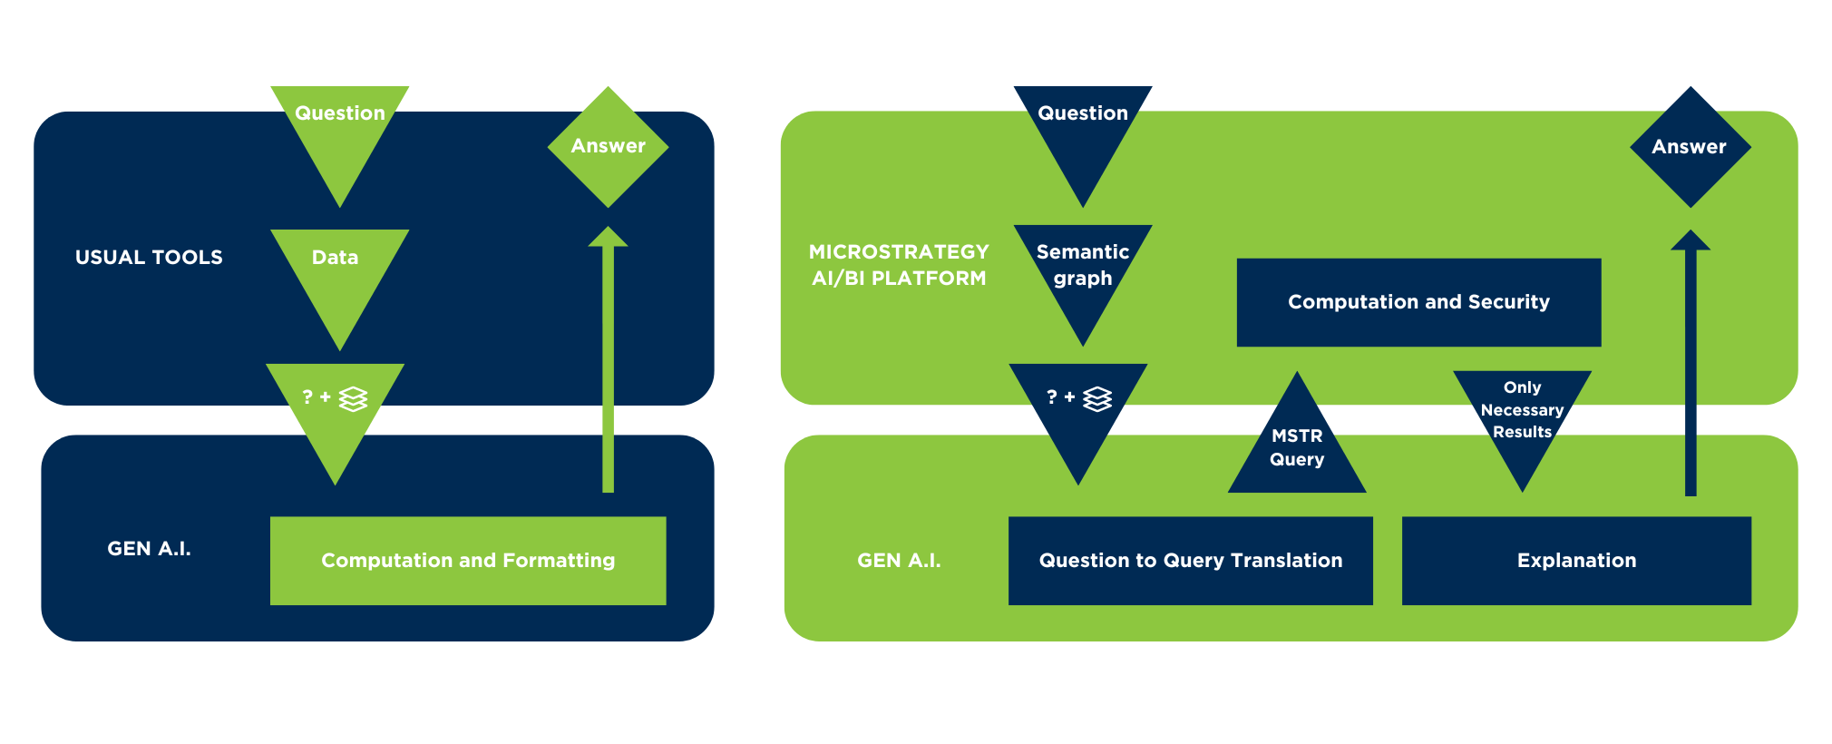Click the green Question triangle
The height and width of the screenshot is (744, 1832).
(x=340, y=127)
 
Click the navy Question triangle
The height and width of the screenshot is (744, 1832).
(x=1083, y=127)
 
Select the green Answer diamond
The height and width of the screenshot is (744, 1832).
(x=608, y=146)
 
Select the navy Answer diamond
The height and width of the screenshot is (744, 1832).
(x=1690, y=146)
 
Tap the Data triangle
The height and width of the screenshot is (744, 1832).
(x=338, y=272)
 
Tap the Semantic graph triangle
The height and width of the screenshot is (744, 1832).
(x=1083, y=268)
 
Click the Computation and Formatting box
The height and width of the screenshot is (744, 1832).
(x=468, y=561)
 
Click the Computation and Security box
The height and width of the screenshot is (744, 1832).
(x=1418, y=302)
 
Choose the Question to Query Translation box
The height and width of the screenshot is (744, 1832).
(x=1190, y=561)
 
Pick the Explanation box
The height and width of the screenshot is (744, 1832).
(x=1576, y=561)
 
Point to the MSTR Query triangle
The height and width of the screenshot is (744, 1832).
(x=1297, y=449)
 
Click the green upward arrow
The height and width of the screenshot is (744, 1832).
(x=608, y=363)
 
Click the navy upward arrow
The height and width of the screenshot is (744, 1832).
(x=1691, y=363)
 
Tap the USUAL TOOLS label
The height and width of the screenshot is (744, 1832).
(x=149, y=258)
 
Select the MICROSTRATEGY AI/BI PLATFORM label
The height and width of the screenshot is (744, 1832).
(x=898, y=265)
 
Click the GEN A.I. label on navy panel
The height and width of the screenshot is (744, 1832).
(x=149, y=549)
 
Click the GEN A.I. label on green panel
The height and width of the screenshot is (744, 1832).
(x=899, y=561)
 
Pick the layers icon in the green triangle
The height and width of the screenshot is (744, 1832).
(x=353, y=398)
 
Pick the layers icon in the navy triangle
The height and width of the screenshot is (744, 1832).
(x=1097, y=398)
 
